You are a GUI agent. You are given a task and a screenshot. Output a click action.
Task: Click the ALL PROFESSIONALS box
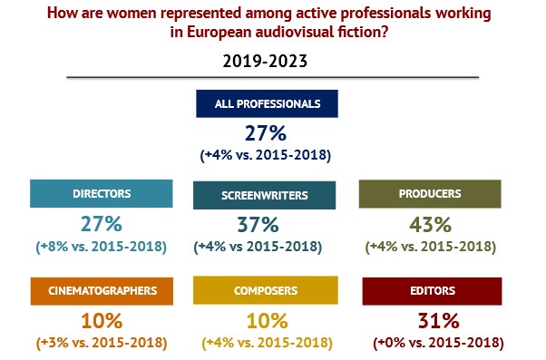point(267,103)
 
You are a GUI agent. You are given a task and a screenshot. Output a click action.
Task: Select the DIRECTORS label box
point(102,193)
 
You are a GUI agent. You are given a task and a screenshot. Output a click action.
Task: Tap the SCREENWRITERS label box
point(264,195)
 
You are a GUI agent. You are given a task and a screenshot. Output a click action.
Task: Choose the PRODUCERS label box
point(430,194)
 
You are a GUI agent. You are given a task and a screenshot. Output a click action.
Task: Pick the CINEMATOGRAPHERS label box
point(102,291)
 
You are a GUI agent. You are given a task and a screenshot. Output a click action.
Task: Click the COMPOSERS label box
point(266,290)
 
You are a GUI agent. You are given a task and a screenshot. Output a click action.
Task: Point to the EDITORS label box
point(432,291)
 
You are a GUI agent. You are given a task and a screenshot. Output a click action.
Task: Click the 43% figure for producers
point(431,225)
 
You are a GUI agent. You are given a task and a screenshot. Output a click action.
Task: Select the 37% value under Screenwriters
point(258,225)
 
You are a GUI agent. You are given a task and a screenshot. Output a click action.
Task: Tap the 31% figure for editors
point(438,321)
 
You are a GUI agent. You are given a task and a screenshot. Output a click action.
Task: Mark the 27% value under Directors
point(102,224)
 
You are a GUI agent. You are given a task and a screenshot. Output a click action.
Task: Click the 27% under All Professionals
point(266,133)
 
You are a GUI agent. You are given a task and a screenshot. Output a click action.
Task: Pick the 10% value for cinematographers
point(102,321)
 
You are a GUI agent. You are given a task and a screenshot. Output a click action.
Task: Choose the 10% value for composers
point(268,321)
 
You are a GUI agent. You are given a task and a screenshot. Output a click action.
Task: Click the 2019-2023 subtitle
point(265,61)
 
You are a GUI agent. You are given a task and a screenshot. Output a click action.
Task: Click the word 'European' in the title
point(219,32)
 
